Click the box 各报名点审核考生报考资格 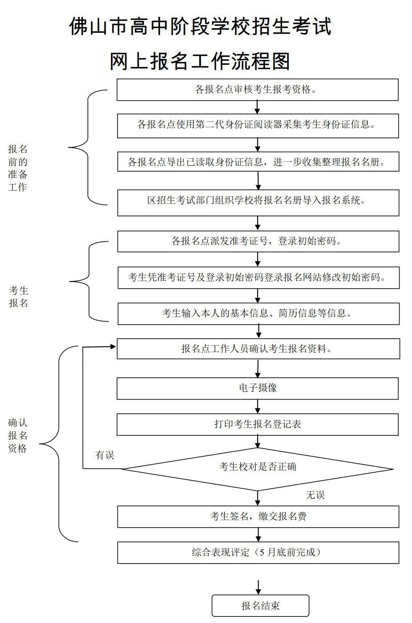point(257,90)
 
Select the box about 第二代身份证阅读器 point(258,126)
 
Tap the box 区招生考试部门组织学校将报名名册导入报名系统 point(258,203)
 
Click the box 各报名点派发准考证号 point(258,241)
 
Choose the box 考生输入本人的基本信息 point(259,314)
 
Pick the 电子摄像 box point(258,388)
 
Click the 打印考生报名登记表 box point(258,424)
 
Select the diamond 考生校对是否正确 point(258,469)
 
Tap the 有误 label point(105,455)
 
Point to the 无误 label point(315,495)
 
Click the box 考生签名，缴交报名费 point(258,517)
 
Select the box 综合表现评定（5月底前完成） point(258,552)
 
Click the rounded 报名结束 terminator point(260,605)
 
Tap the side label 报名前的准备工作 point(18,168)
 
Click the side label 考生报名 point(18,297)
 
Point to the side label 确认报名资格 point(18,435)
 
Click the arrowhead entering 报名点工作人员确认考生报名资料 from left point(113,347)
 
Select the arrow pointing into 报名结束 point(259,587)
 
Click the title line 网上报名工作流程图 point(200,62)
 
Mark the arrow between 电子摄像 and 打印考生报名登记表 point(258,407)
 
